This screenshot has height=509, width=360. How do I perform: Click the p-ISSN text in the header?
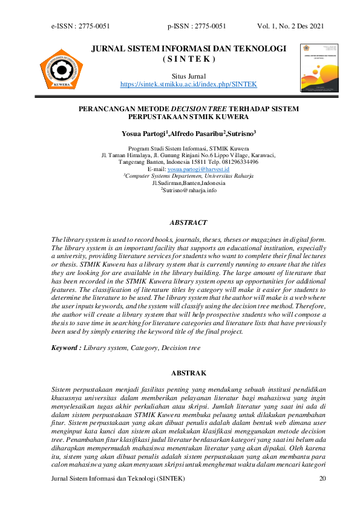pyautogui.click(x=197, y=26)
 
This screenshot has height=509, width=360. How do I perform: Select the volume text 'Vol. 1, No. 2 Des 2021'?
pyautogui.click(x=290, y=26)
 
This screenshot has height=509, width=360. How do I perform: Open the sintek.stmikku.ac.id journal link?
pyautogui.click(x=188, y=83)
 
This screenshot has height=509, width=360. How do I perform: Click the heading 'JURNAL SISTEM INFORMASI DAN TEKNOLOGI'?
pyautogui.click(x=188, y=48)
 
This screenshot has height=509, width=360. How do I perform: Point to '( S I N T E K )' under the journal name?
pyautogui.click(x=189, y=59)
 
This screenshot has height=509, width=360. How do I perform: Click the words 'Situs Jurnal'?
pyautogui.click(x=189, y=76)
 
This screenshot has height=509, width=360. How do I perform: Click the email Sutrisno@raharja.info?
pyautogui.click(x=189, y=190)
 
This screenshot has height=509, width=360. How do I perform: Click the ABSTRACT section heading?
pyautogui.click(x=189, y=222)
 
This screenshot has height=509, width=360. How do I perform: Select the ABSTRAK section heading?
pyautogui.click(x=189, y=373)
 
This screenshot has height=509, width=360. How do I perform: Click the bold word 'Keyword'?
pyautogui.click(x=65, y=348)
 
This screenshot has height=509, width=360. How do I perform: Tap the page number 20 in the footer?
pyautogui.click(x=322, y=479)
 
